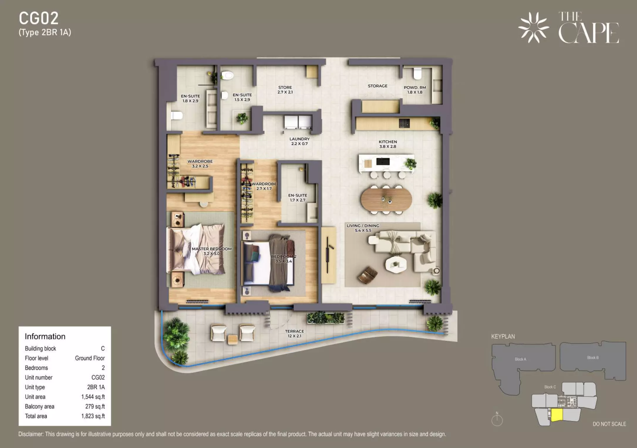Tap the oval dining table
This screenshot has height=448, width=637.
pos(386,199)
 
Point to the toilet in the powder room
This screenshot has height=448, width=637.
pos(417,73)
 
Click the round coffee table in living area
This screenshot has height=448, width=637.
pos(396,265)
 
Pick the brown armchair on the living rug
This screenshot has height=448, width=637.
pos(368,275)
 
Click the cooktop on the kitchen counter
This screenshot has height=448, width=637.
pos(404,123)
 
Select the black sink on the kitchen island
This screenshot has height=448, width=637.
pos(383,161)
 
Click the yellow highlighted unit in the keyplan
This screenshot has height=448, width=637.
pos(557,415)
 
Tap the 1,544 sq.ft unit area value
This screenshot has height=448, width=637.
pos(93,397)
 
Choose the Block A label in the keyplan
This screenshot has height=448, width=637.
pos(520,359)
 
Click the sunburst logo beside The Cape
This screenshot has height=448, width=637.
pos(533,28)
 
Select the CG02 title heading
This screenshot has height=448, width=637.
pos(39,18)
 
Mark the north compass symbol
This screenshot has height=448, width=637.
pos(497,419)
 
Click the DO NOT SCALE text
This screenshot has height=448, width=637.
pos(609,424)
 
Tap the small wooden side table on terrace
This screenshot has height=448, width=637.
pos(232,339)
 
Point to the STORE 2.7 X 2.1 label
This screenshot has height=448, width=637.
pos(285,90)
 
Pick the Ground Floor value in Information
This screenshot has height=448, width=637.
pos(90,358)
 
